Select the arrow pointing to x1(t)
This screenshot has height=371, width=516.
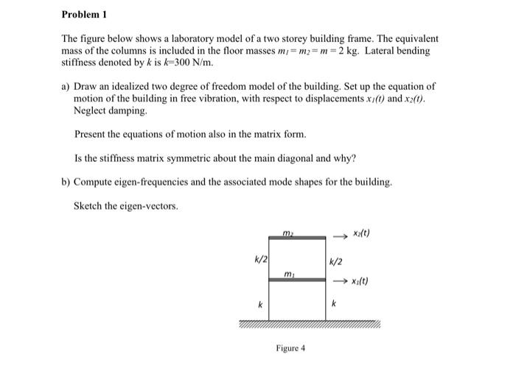(x=341, y=281)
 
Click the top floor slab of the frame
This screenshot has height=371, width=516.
(x=297, y=238)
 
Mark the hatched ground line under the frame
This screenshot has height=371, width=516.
(x=310, y=324)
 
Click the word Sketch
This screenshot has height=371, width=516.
(x=89, y=205)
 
